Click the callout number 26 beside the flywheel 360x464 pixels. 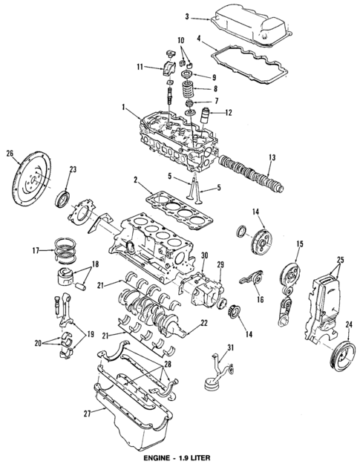click(10, 154)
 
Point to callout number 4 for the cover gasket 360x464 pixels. click(200, 38)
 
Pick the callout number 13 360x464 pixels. click(272, 157)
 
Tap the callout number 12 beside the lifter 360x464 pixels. click(229, 113)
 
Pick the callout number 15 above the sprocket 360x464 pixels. click(300, 244)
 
